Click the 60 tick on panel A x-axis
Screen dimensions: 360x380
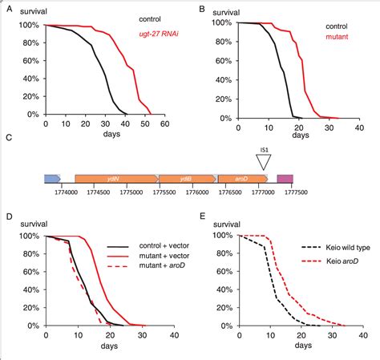pyautogui.click(x=164, y=125)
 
